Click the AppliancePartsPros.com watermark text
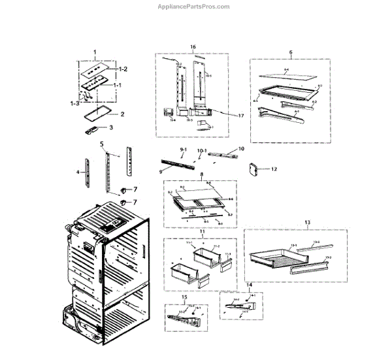[x=195, y=7]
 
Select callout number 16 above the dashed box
[x=193, y=47]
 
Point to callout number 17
[x=240, y=116]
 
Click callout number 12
[x=274, y=169]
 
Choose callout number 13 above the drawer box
[x=306, y=222]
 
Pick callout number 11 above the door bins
[x=202, y=233]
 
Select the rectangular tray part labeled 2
[x=91, y=118]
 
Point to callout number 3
[x=110, y=127]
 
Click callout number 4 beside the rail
[x=78, y=172]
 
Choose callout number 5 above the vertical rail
[x=101, y=142]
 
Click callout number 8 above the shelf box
[x=201, y=174]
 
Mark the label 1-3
[x=74, y=103]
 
